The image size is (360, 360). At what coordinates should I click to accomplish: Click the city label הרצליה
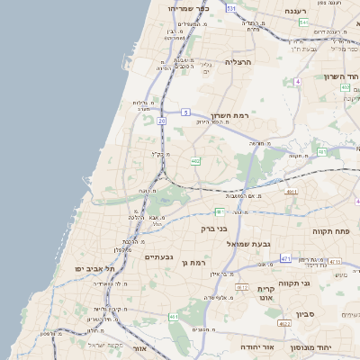[240, 63]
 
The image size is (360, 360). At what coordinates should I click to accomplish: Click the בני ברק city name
[208, 229]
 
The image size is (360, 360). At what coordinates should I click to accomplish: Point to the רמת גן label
[194, 263]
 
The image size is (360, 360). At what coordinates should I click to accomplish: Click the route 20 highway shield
[161, 119]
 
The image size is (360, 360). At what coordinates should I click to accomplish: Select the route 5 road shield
[184, 112]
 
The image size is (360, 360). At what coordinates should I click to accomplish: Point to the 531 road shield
[231, 8]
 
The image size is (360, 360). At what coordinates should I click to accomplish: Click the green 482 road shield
[195, 161]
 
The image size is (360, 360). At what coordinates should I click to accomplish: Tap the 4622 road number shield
[284, 323]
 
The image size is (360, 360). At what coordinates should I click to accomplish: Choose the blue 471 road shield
[285, 259]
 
